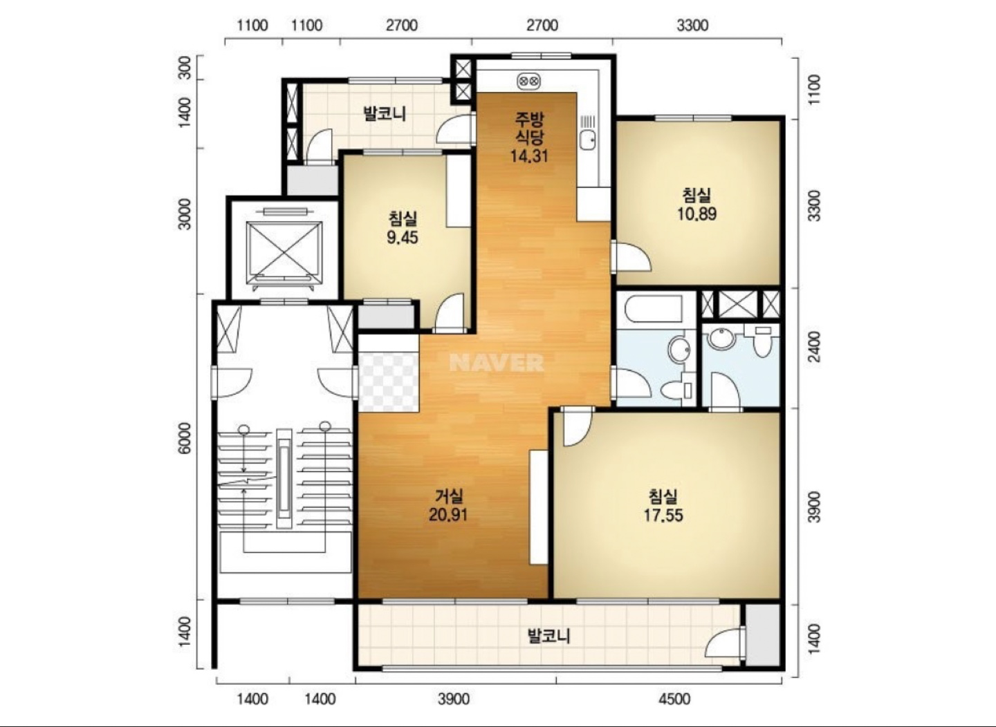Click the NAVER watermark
[x=497, y=362]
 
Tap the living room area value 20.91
[x=448, y=515]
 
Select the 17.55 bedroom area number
[x=663, y=516]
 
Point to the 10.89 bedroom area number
[x=697, y=214]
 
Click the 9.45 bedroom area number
[x=403, y=238]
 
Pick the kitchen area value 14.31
[x=529, y=156]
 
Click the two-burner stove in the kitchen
[x=529, y=82]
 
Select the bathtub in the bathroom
[x=653, y=309]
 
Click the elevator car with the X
[x=284, y=252]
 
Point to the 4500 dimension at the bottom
[x=674, y=699]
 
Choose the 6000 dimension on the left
[x=184, y=438]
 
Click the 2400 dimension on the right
[x=814, y=347]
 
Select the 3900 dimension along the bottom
[x=454, y=699]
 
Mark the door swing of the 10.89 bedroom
[x=633, y=256]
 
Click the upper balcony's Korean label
[x=385, y=113]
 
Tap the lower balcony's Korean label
[x=548, y=636]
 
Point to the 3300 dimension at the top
[x=693, y=26]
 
